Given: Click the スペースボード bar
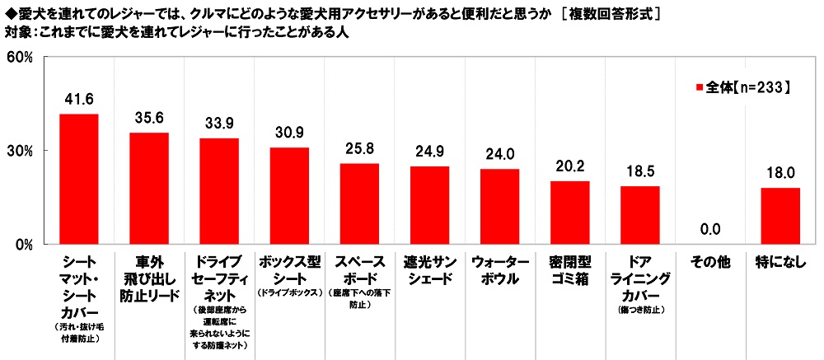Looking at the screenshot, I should (359, 203).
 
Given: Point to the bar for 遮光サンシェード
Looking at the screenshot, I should (429, 205).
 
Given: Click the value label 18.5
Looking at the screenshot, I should (639, 171).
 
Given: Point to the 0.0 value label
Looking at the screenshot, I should (709, 230).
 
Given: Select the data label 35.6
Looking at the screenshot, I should (148, 118).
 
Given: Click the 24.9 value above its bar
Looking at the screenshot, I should (429, 152).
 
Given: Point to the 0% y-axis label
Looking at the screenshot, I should (21, 244).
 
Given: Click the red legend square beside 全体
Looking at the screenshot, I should (700, 86).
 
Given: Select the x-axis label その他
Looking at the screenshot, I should (709, 262).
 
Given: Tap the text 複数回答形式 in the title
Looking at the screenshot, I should (611, 13).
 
